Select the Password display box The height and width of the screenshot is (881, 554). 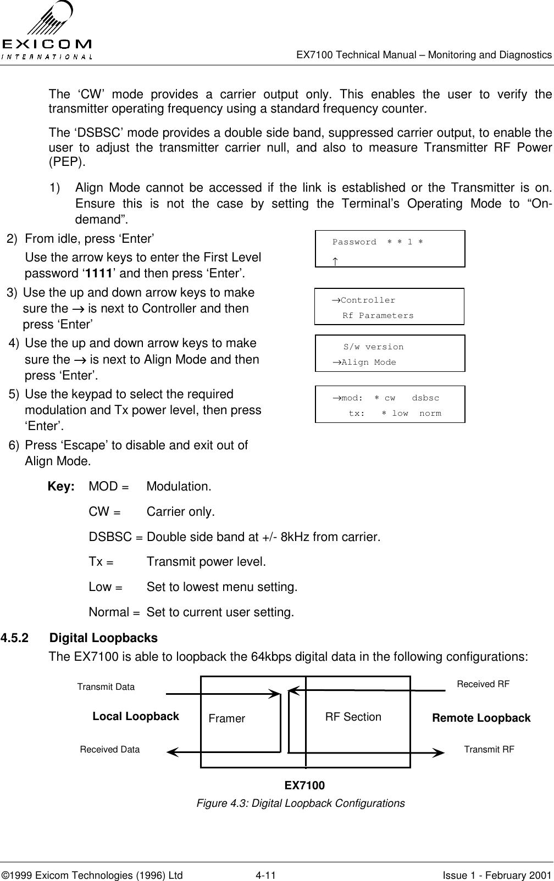[x=390, y=249]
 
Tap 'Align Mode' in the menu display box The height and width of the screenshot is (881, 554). [x=368, y=363]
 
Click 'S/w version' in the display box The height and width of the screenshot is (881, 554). [x=373, y=347]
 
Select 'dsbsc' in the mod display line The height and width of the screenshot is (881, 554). [x=425, y=398]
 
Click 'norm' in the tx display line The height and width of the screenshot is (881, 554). [x=430, y=413]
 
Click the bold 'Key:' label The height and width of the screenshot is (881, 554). [x=62, y=487]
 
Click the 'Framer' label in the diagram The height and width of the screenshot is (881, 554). [x=227, y=719]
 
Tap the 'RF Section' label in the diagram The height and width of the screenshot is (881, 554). [x=353, y=717]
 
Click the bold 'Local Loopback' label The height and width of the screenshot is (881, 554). [x=136, y=716]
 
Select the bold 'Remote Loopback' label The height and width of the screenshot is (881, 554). [x=481, y=718]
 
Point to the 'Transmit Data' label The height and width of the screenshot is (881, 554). [x=106, y=687]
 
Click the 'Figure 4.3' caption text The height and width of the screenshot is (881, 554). [x=301, y=803]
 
